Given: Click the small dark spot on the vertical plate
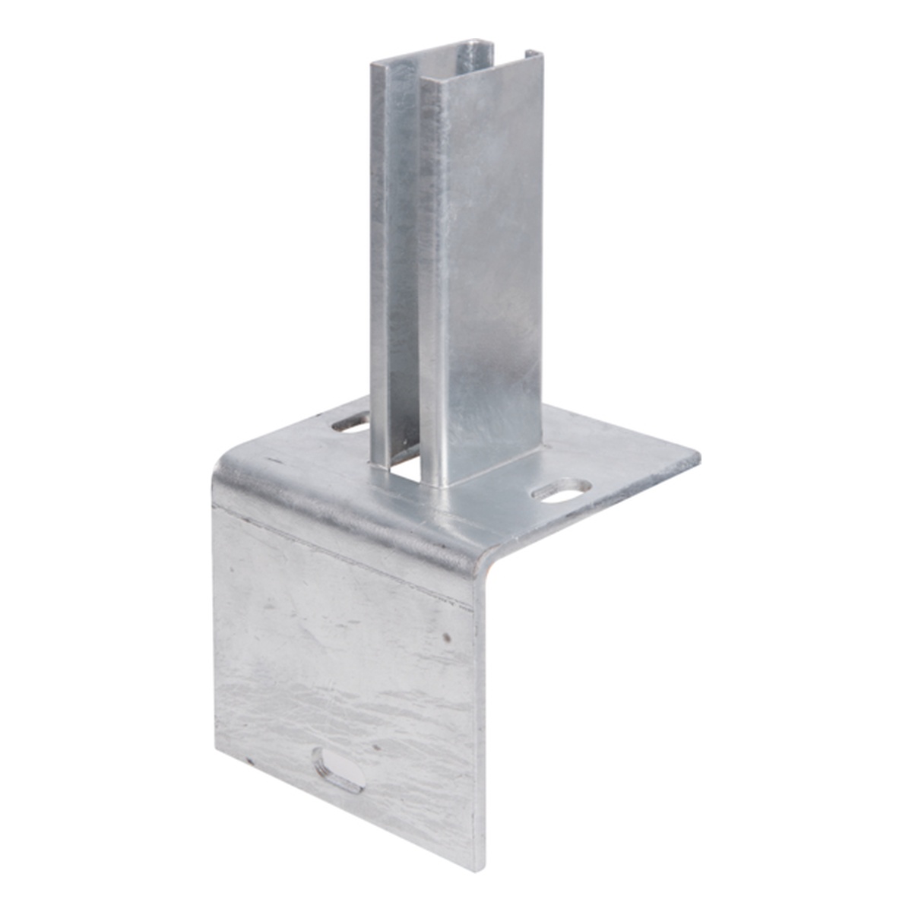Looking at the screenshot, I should click(447, 636).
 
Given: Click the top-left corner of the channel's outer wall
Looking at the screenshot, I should click(373, 65).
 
